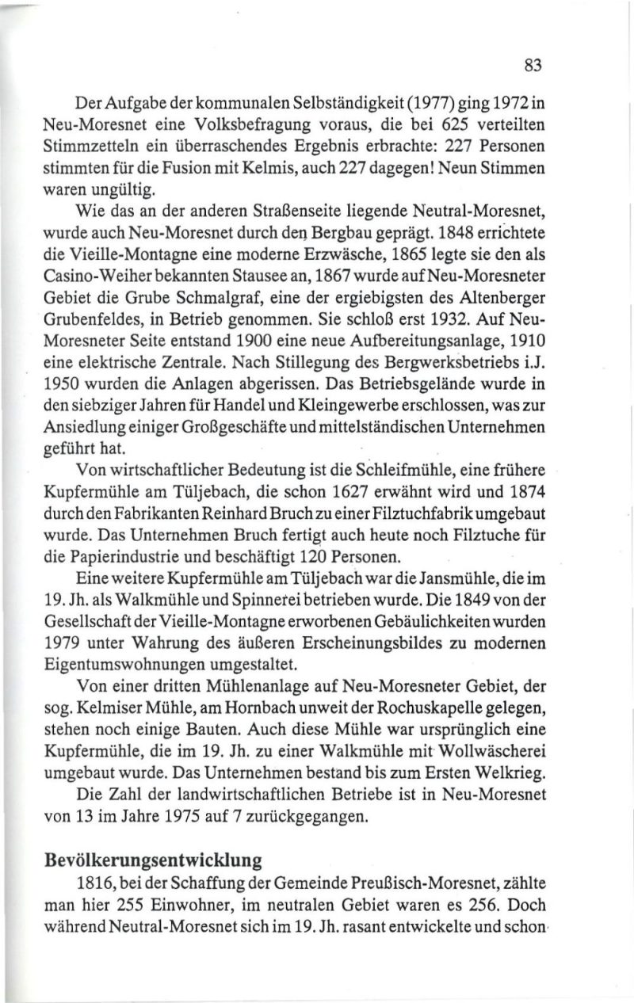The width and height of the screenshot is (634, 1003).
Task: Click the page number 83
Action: click(532, 67)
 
